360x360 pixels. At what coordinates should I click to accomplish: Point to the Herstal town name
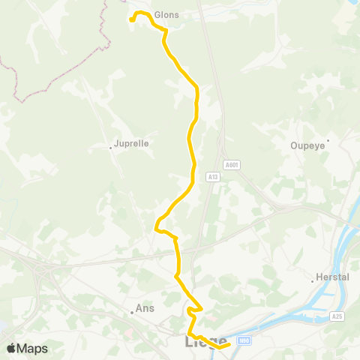tap(334, 277)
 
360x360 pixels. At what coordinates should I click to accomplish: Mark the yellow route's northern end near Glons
tap(132, 20)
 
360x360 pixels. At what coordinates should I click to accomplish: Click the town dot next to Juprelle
tap(110, 147)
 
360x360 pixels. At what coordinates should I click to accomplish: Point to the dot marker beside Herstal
tap(313, 281)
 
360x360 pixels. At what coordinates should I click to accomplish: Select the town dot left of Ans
tap(131, 312)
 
